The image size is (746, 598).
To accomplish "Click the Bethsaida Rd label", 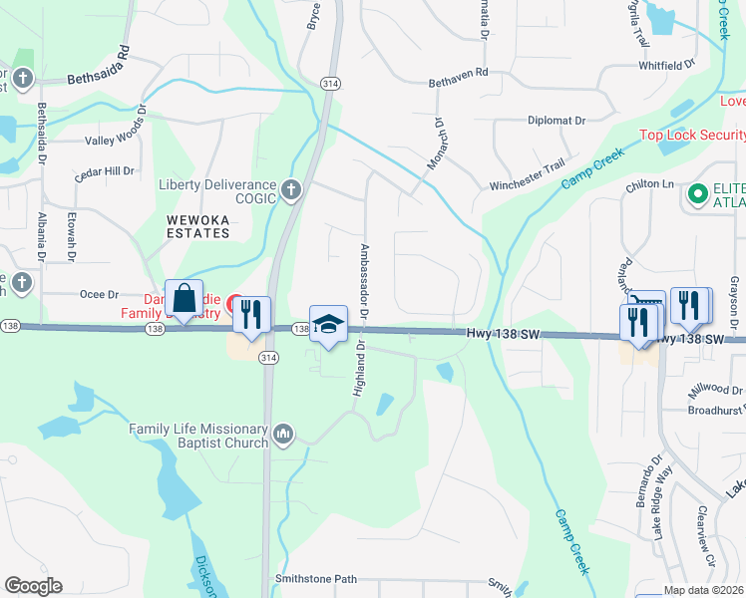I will point(99,66).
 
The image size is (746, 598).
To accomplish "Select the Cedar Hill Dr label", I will point(105,171).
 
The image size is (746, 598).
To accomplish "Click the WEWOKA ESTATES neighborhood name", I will point(197,225).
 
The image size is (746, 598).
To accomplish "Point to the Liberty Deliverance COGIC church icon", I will point(290,189).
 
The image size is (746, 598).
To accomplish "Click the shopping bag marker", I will point(185,299).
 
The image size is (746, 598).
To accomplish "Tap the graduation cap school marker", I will point(328,325).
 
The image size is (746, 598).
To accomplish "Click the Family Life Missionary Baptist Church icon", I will point(284,435).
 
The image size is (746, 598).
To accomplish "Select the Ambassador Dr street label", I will point(364,280).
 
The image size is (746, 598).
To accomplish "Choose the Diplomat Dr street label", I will point(557,121).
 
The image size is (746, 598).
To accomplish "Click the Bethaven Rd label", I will point(459,72).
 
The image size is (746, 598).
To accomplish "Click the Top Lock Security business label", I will point(692,135).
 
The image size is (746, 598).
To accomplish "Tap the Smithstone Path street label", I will point(315,579).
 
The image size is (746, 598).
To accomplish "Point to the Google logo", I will point(33,586).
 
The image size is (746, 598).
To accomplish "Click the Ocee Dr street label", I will point(99,294).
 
